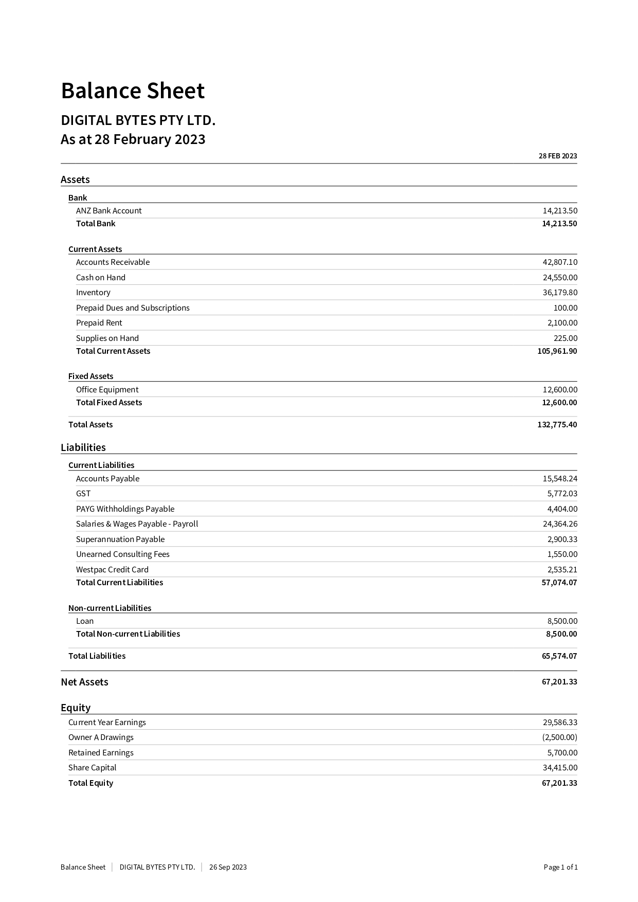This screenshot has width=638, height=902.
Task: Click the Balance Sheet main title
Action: point(133,91)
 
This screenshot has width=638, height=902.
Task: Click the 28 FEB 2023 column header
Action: point(557,156)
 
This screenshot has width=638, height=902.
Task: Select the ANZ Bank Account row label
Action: point(108,210)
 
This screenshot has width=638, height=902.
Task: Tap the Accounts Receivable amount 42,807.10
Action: point(560,262)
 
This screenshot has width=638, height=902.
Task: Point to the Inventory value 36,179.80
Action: point(560,292)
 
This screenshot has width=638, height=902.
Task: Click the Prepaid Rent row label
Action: point(99,322)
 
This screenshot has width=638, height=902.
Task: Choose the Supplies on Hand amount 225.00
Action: point(565,338)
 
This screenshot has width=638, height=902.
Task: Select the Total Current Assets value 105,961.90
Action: point(557,351)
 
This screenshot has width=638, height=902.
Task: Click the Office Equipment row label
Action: point(107,389)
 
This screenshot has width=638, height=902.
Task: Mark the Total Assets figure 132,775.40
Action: point(557,424)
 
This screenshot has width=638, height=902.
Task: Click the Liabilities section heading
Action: point(83,447)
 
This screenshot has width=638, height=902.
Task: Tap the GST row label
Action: point(83,493)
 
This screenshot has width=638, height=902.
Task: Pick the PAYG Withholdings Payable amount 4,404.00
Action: point(562,509)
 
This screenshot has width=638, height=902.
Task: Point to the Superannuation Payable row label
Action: point(120,539)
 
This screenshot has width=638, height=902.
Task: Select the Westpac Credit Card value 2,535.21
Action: point(562,569)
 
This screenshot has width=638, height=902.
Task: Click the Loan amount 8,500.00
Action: point(562,621)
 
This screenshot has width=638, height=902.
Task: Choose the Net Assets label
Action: point(84,682)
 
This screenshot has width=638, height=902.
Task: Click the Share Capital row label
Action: point(92,767)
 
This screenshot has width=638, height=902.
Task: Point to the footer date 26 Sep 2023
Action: point(228,867)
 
